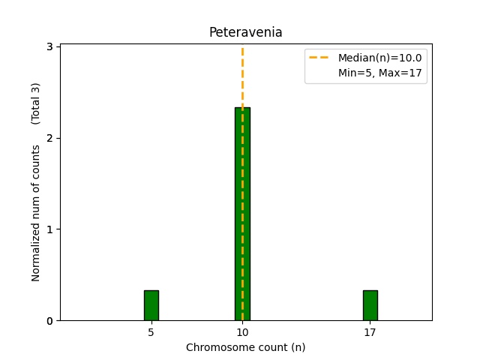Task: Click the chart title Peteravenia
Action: (245, 32)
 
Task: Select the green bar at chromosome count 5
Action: (151, 305)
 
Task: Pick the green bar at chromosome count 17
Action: (370, 305)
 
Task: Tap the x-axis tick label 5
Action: (151, 331)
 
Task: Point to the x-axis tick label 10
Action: (242, 331)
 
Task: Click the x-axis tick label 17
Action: (370, 331)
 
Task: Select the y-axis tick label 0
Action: (49, 321)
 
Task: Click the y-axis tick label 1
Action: (49, 229)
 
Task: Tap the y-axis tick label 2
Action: (49, 138)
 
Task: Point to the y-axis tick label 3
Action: (49, 46)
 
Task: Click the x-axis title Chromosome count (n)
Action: (245, 347)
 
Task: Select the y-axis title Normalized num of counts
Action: (36, 213)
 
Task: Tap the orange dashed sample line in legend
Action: (320, 58)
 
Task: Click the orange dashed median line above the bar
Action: (242, 75)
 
